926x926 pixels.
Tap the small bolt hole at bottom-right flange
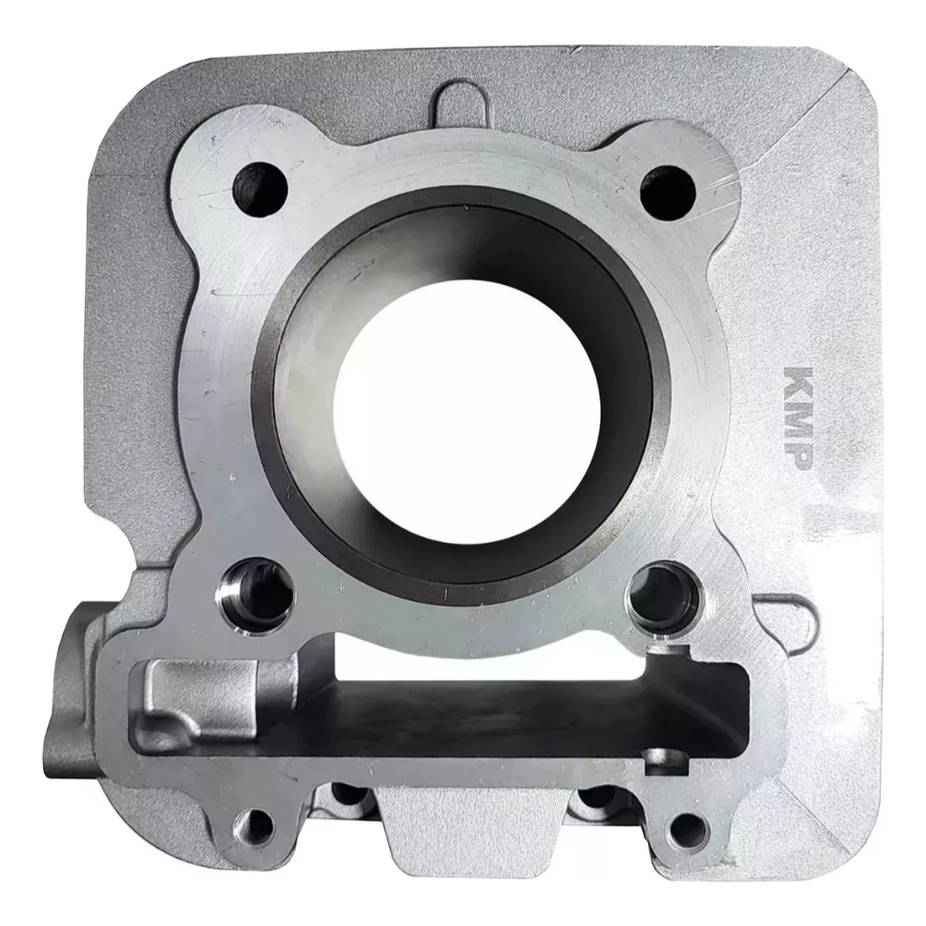point(687,831)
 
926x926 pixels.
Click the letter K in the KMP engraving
point(798,383)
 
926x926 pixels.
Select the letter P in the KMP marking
point(798,454)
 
